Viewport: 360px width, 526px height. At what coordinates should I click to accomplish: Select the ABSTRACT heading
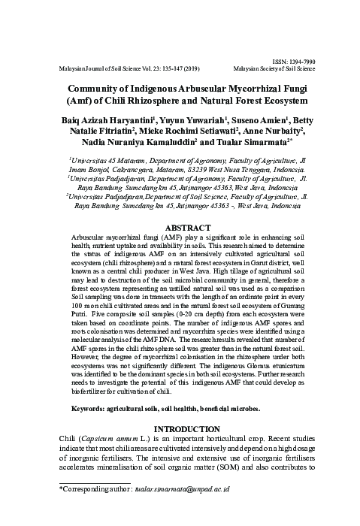180,205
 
